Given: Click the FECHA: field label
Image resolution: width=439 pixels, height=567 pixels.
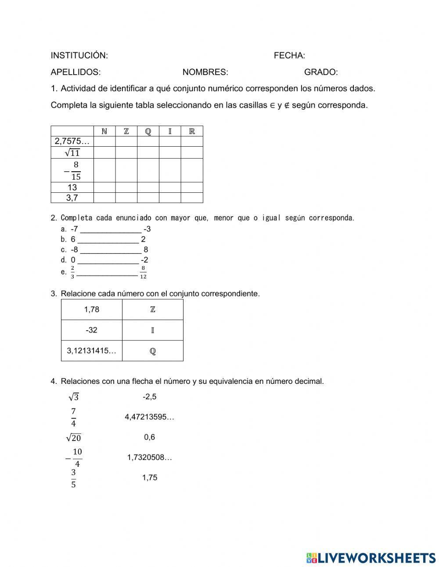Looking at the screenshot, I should (289, 56).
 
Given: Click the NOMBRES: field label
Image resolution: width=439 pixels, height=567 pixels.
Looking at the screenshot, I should (205, 72).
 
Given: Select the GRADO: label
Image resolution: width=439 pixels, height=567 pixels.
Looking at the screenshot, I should (321, 72).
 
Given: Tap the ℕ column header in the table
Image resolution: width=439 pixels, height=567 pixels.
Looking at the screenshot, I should (104, 131).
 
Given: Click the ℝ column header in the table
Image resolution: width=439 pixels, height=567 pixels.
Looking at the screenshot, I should (192, 131).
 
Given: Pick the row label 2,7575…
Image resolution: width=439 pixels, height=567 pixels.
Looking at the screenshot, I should (72, 141).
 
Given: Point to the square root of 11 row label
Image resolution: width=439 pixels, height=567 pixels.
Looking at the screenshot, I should (72, 153).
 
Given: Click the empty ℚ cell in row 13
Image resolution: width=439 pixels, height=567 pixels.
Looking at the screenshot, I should (148, 188).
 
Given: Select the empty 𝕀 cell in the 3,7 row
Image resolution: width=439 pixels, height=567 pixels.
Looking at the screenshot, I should (170, 198).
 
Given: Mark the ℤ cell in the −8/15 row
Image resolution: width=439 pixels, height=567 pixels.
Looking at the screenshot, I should (126, 170).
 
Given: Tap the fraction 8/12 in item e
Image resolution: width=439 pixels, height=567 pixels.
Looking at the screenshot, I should (143, 272).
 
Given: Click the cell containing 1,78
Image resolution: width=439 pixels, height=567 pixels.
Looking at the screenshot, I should (91, 310).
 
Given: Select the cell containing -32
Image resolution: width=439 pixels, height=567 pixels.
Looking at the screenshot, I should (91, 330).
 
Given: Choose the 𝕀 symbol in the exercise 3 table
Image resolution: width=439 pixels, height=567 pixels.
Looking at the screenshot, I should (152, 330).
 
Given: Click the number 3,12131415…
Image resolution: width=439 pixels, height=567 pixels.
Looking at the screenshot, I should (91, 351).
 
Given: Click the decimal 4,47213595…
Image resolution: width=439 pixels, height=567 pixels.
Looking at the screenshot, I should (149, 417).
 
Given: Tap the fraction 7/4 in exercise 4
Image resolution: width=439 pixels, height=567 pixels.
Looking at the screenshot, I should (73, 418).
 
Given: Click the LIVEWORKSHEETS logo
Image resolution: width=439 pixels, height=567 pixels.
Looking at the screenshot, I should (371, 558).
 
